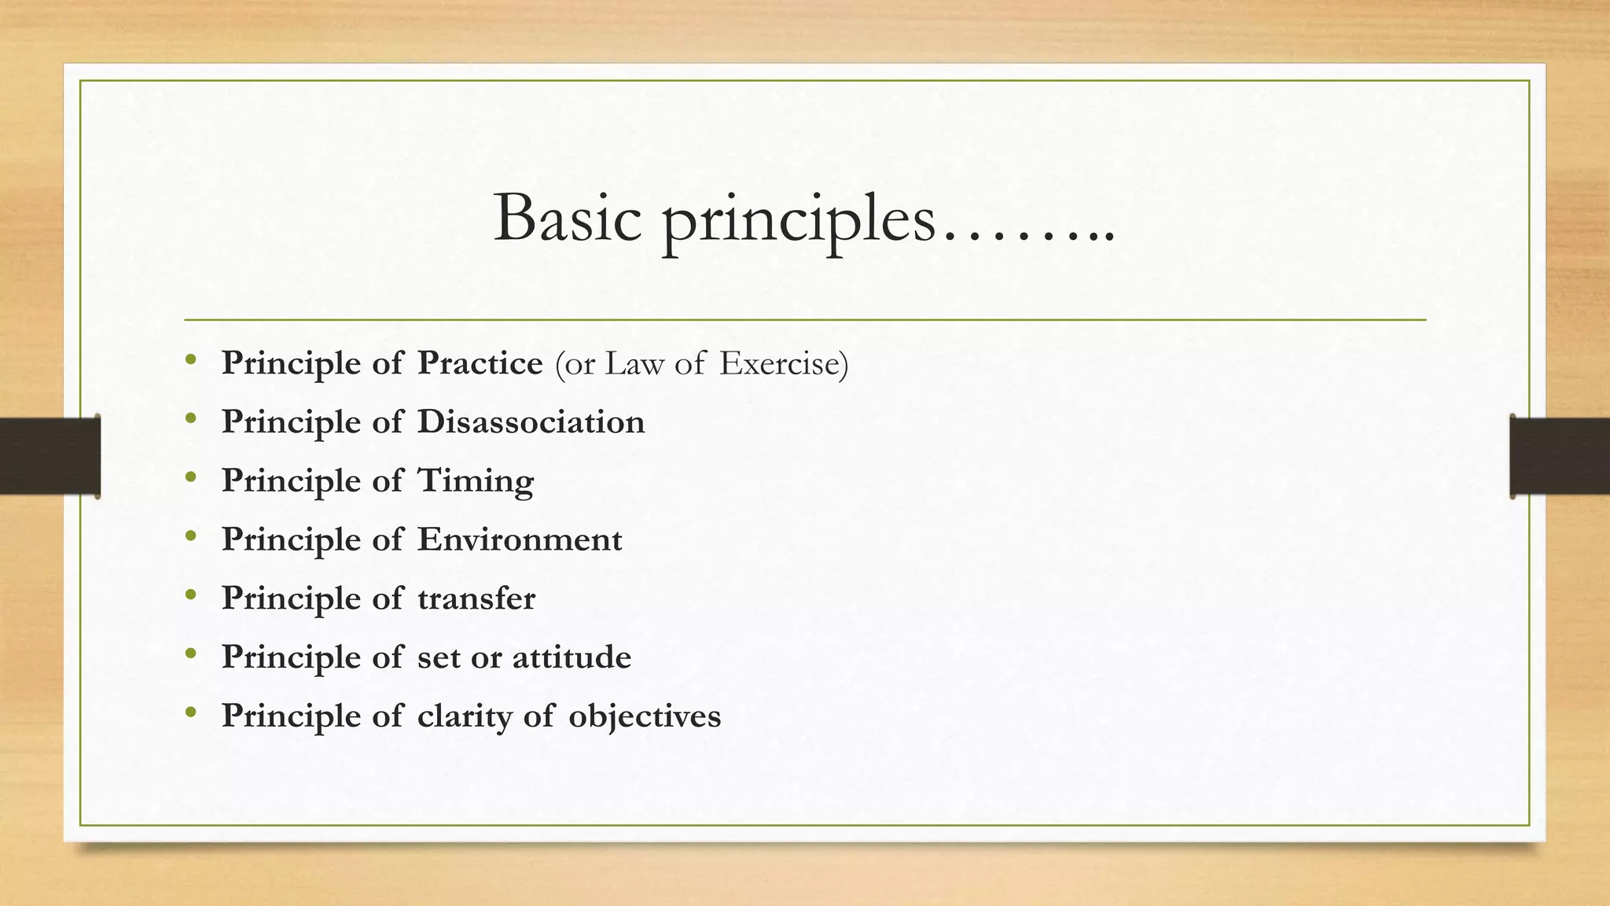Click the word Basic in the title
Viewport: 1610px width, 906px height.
567,219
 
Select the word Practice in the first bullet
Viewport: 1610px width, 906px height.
480,363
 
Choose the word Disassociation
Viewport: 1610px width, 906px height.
531,422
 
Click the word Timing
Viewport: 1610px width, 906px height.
475,481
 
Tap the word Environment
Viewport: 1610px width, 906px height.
519,540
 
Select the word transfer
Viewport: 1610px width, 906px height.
476,598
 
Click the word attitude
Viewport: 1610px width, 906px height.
572,657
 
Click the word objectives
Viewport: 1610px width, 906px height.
644,716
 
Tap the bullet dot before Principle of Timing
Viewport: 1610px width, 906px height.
190,477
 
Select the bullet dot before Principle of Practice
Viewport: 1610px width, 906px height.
190,360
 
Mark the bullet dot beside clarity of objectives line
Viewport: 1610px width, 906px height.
190,713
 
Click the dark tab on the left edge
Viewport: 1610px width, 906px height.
50,456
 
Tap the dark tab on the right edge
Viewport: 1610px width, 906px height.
1560,456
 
